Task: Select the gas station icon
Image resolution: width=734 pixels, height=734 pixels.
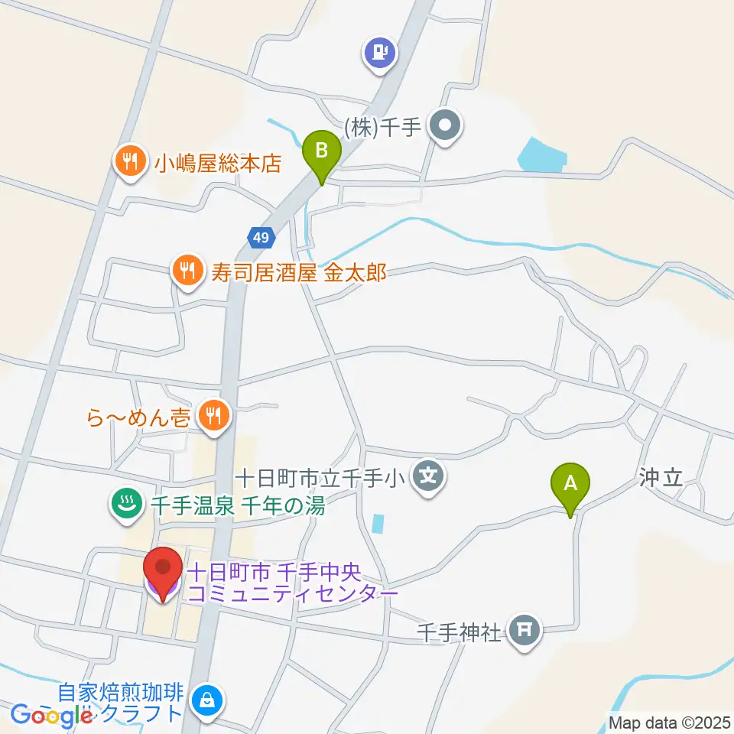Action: [380, 53]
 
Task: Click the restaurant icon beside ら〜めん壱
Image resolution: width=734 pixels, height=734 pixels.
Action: [213, 415]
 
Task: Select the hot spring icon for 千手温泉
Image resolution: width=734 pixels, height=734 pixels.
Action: [125, 503]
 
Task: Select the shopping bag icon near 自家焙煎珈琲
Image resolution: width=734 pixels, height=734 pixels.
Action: [206, 699]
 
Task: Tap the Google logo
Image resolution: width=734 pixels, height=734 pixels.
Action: [50, 715]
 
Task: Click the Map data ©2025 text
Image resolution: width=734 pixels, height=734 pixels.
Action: [668, 721]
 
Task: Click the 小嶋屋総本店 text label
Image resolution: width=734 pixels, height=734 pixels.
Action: [218, 164]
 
